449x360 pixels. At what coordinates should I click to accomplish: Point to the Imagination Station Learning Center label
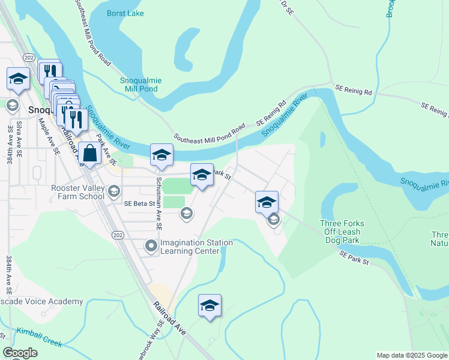pyautogui.click(x=196, y=247)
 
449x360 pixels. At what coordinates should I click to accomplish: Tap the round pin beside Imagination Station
pyautogui.click(x=151, y=245)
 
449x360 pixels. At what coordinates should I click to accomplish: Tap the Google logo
pyautogui.click(x=19, y=353)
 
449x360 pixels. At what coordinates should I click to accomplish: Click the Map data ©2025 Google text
pyautogui.click(x=412, y=355)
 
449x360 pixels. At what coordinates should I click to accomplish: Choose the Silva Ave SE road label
pyautogui.click(x=19, y=138)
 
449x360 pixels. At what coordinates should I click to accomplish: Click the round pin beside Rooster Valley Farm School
pyautogui.click(x=114, y=191)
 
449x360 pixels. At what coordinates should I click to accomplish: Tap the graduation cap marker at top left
pyautogui.click(x=18, y=79)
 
